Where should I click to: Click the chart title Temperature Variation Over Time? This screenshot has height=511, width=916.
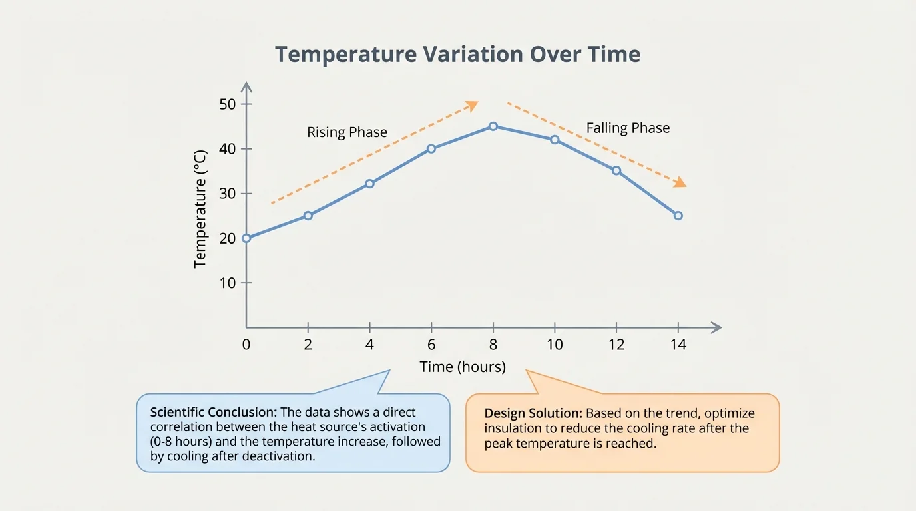(457, 54)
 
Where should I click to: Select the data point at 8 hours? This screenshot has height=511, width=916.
(493, 126)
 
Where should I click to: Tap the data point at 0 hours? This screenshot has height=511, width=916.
(246, 238)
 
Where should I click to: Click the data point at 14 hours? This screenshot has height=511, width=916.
(678, 216)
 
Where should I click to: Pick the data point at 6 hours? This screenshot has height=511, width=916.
(431, 149)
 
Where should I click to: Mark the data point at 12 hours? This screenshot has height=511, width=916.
(616, 171)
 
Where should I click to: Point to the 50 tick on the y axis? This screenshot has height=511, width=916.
(227, 104)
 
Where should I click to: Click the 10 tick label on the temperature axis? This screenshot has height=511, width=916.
(227, 283)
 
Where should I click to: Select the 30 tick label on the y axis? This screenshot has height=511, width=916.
(227, 194)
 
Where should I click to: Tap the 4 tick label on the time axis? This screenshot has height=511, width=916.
(369, 345)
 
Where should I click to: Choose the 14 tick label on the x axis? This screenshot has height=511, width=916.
(678, 345)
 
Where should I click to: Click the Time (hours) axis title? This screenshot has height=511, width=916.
(463, 367)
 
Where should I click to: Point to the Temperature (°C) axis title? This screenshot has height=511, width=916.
(200, 209)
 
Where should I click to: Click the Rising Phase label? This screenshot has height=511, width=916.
(347, 132)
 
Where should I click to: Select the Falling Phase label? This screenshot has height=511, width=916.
(628, 128)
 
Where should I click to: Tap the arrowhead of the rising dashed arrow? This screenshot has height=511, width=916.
(472, 105)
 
